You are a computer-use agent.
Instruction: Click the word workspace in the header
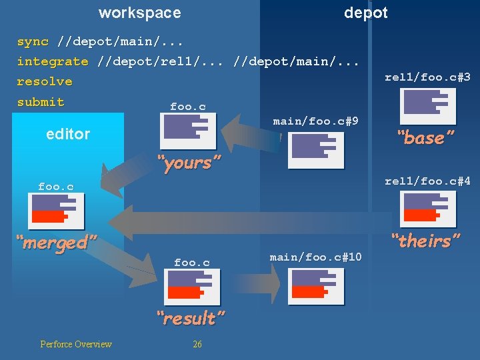tap(139, 13)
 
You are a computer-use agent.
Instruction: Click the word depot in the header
tap(365, 13)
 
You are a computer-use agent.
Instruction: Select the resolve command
tap(45, 81)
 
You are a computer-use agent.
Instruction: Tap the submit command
tap(41, 102)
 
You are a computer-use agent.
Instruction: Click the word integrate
tap(53, 61)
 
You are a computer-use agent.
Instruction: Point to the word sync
tap(33, 41)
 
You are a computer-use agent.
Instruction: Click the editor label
tap(68, 134)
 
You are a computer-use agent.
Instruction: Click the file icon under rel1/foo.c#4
tap(427, 209)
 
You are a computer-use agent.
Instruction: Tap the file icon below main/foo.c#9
tap(316, 150)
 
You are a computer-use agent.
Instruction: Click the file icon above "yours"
tap(188, 131)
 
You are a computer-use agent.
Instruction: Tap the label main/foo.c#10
tap(315, 257)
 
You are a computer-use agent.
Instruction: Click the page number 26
tap(197, 344)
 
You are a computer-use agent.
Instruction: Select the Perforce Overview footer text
tap(76, 344)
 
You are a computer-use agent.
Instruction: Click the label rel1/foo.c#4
tap(427, 181)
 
